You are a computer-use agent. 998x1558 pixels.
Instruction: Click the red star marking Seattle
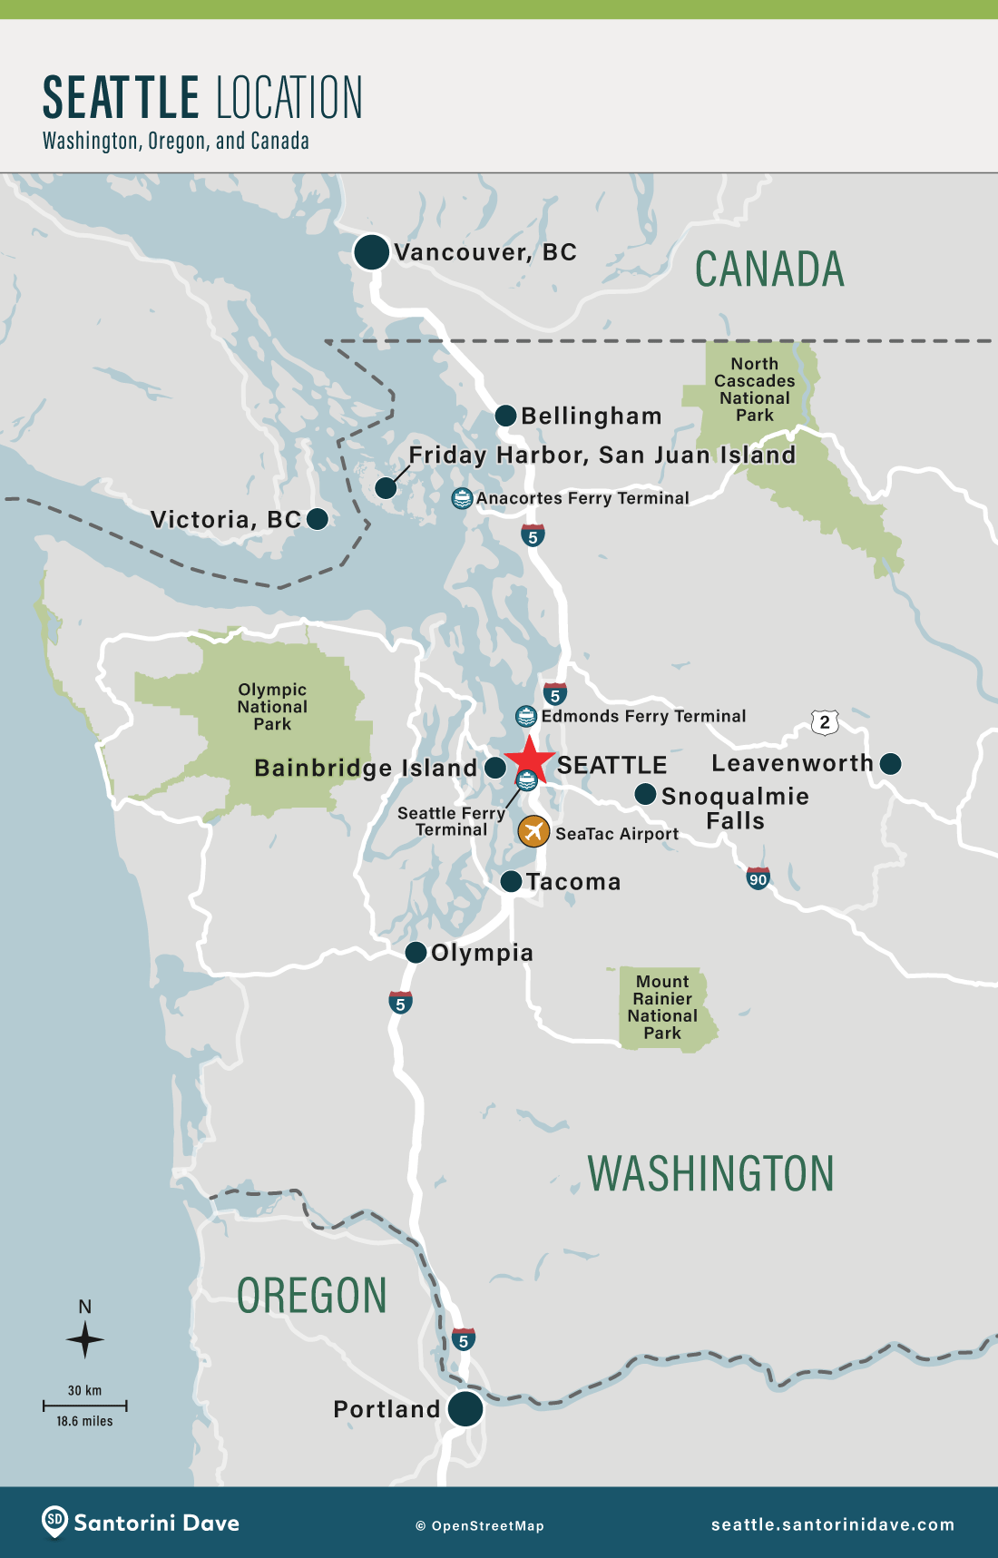pos(529,760)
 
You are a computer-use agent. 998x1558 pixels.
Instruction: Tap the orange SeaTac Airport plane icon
pos(533,830)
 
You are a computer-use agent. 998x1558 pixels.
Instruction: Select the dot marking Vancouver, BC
pos(371,251)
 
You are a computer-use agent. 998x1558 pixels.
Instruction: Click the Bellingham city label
pos(591,416)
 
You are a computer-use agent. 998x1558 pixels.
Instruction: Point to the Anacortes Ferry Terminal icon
pos(462,497)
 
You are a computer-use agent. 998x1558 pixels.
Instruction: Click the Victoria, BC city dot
pos(318,519)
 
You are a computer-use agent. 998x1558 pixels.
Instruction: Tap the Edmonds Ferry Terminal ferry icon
pos(526,716)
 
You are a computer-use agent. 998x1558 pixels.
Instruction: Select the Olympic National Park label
pos(272,707)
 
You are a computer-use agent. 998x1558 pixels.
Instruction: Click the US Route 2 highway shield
pos(824,722)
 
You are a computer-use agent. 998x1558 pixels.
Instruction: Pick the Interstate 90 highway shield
pos(758,878)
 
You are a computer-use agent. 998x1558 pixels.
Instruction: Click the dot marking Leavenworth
pos(891,764)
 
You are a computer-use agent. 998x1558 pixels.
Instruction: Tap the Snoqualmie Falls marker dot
pos(645,794)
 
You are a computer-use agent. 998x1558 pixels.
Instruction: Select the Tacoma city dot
pos(511,881)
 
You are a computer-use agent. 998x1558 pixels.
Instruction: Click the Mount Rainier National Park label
pos(662,1007)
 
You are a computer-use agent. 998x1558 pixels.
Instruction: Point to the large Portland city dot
pos(465,1408)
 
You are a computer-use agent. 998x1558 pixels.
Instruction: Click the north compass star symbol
pos(85,1339)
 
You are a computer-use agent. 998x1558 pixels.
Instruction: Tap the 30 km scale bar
pos(84,1406)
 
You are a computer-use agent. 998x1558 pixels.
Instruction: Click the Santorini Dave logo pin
pos(54,1522)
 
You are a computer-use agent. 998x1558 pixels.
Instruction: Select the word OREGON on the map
pos(311,1296)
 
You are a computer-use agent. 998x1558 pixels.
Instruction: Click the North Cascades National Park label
pos(754,389)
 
